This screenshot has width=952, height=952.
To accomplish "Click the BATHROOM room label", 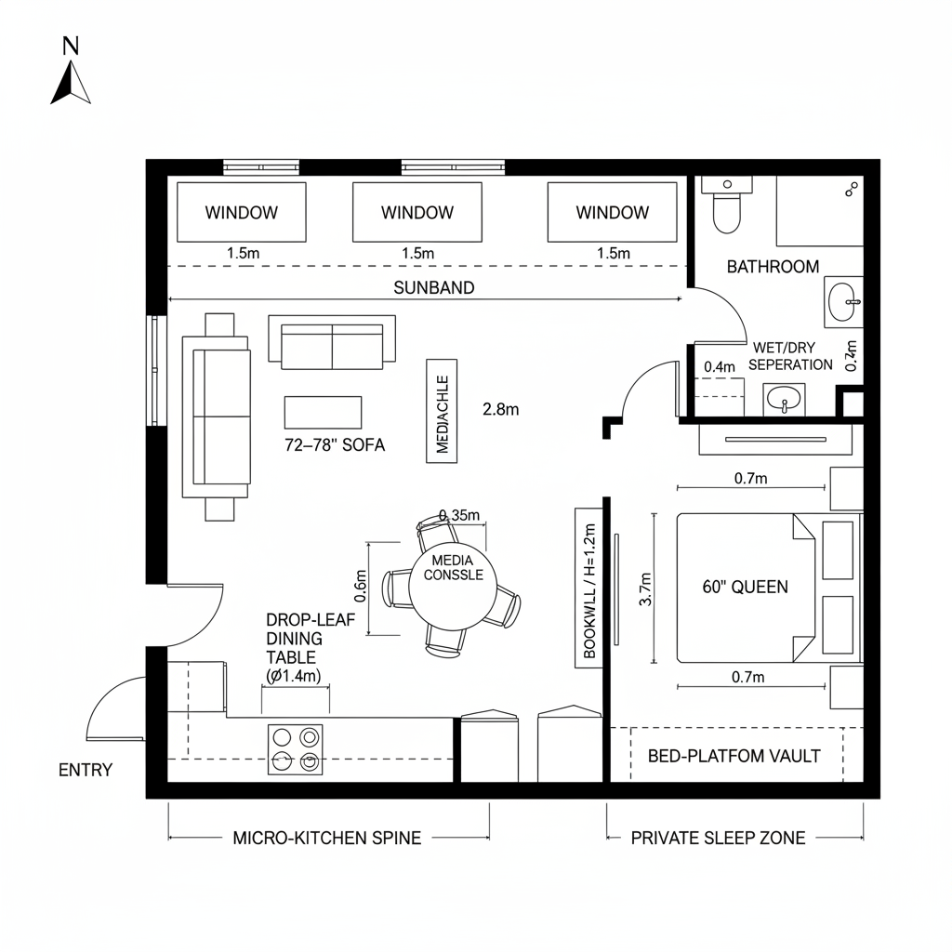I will pos(773,267).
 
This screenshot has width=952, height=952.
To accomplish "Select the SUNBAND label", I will pos(433,287).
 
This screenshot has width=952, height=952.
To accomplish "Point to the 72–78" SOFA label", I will pos(335,445).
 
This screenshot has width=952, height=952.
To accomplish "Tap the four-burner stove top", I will pos(296,749).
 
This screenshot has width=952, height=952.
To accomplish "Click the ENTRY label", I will pos(85,770).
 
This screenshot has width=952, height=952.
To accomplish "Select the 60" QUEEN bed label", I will pos(745,587).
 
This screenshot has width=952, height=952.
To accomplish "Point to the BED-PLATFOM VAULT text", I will pos(734,756).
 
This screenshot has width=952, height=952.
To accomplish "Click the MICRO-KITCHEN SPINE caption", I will pos(326,838).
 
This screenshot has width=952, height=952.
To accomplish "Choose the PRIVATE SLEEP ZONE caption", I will pos(718,838).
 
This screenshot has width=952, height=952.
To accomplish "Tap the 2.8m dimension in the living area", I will pos(501,408).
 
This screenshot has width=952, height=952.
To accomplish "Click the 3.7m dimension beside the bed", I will pos(647,588).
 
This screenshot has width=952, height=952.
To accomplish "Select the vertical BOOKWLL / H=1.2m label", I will pos(588,588).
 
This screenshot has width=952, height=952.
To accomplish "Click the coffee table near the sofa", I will pos(323,412).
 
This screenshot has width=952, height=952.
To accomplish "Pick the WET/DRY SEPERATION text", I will pos(790,355).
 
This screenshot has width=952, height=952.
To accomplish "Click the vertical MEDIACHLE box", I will pos(442,410).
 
